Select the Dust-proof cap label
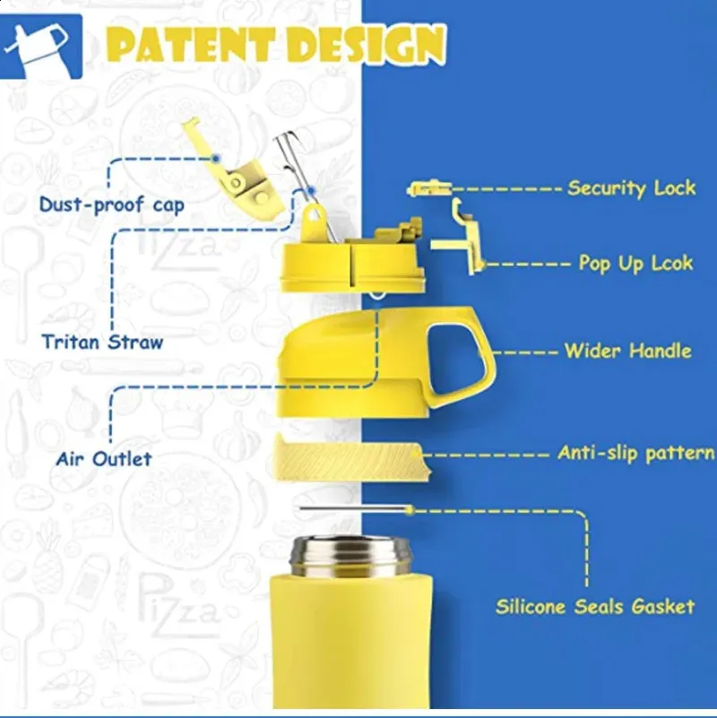pyautogui.click(x=111, y=204)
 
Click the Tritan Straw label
pyautogui.click(x=102, y=342)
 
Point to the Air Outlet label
pyautogui.click(x=104, y=459)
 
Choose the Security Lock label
pyautogui.click(x=631, y=188)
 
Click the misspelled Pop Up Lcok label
pyautogui.click(x=635, y=264)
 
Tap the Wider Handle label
pyautogui.click(x=627, y=350)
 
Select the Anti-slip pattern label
pyautogui.click(x=635, y=453)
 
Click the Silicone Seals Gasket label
pyautogui.click(x=595, y=607)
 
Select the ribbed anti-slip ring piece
pyautogui.click(x=350, y=456)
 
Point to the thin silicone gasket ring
pyautogui.click(x=354, y=509)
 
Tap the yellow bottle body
pyautogui.click(x=350, y=645)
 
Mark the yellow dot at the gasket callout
pyautogui.click(x=410, y=510)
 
